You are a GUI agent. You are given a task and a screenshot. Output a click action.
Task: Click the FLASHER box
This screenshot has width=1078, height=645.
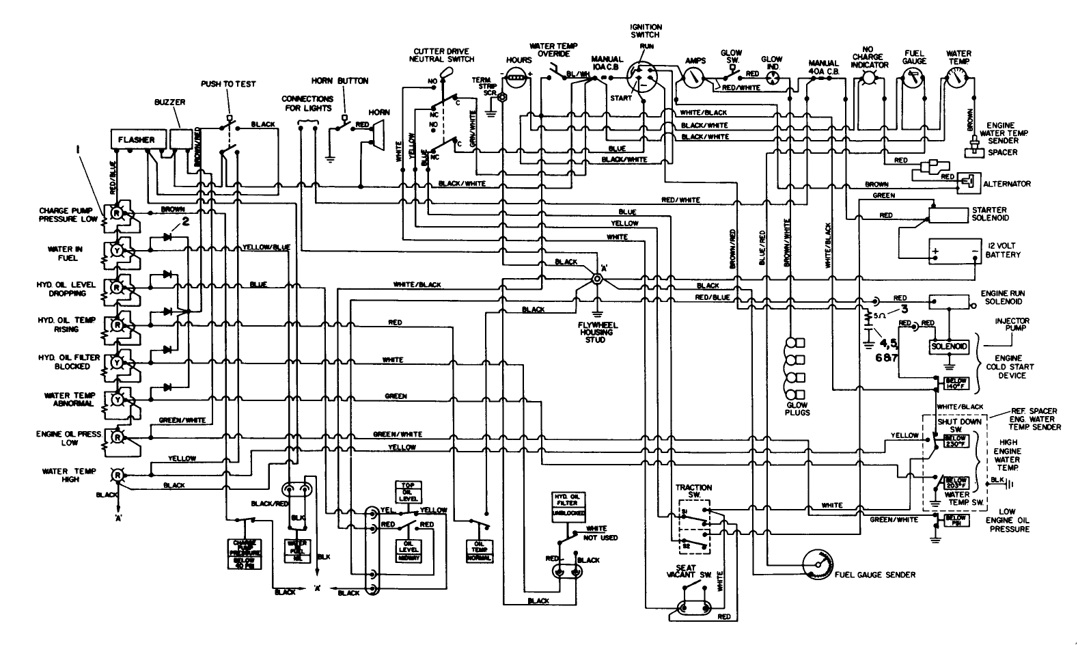coord(136,139)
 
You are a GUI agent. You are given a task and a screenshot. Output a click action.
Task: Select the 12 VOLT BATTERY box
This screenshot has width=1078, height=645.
coord(954,251)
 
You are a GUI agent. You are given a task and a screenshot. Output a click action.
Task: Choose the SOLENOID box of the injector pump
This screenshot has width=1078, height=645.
coord(949,346)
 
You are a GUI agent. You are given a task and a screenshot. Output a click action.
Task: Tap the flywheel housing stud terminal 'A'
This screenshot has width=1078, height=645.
coord(597,279)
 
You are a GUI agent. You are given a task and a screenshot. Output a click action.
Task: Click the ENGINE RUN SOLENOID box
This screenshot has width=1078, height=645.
coord(948,301)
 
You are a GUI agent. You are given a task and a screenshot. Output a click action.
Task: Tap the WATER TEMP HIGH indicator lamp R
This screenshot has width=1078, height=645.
coord(117,473)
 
